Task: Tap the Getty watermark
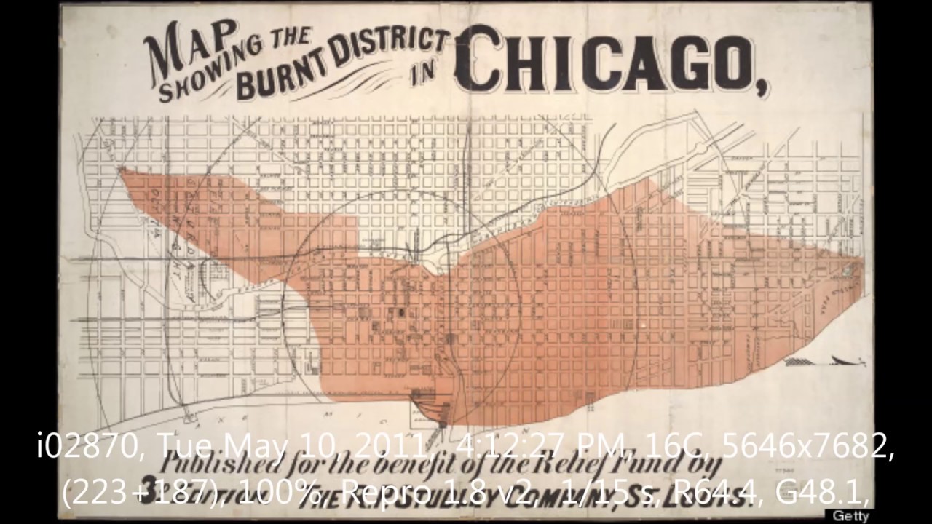[x=850, y=516]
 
